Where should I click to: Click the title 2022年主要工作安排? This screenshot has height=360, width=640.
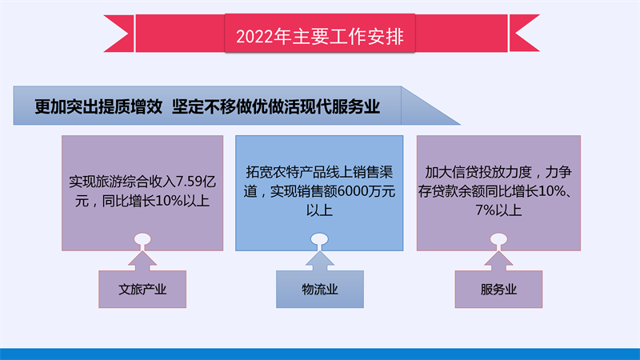click(x=319, y=36)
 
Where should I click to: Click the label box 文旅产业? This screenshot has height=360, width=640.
click(x=142, y=289)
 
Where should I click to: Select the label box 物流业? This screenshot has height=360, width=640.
click(x=319, y=289)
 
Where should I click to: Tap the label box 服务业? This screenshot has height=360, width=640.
click(x=498, y=289)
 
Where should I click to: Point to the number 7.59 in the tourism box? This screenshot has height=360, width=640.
click(x=189, y=182)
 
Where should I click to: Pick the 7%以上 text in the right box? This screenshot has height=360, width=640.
click(x=498, y=210)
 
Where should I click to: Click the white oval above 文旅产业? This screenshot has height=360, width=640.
click(x=142, y=239)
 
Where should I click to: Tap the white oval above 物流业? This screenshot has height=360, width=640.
click(x=319, y=239)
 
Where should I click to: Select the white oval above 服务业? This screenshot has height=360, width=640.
click(x=498, y=239)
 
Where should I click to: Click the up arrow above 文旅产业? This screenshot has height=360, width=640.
click(x=142, y=262)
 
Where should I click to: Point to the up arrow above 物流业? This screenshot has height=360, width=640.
click(x=319, y=262)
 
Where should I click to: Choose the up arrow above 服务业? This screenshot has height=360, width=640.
click(x=498, y=262)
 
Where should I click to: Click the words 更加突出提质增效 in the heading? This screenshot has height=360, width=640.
click(x=98, y=107)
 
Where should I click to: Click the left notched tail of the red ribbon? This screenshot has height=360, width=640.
click(x=118, y=34)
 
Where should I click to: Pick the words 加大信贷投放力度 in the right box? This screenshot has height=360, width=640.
click(x=478, y=172)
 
